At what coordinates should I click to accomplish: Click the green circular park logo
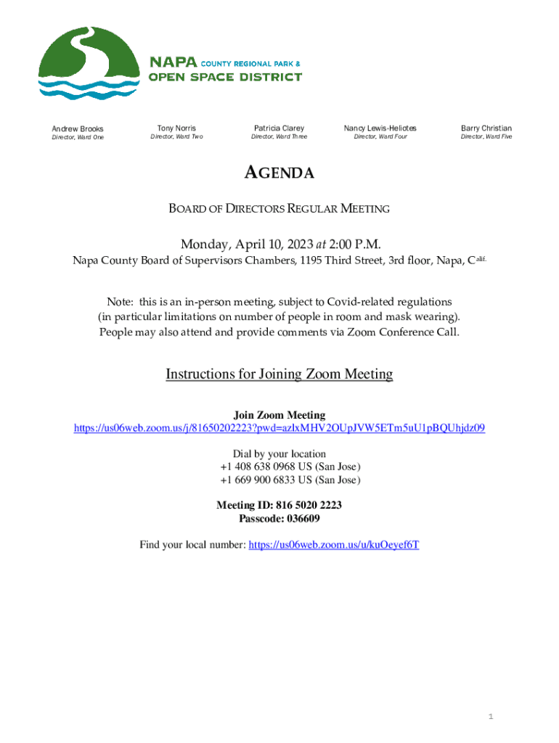[x=89, y=64]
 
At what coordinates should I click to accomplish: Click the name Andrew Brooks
[x=77, y=128]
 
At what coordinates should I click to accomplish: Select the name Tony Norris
[x=176, y=128]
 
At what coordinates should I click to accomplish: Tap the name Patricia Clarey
[x=279, y=128]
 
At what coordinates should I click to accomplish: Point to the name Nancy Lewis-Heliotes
[x=380, y=128]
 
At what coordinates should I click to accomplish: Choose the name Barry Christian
[x=486, y=128]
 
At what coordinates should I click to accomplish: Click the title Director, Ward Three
[x=279, y=136]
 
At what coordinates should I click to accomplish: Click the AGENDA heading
[x=279, y=173]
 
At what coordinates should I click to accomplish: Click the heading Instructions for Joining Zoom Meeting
[x=279, y=374]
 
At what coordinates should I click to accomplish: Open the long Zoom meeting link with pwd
[x=279, y=428]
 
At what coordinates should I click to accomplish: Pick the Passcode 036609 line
[x=279, y=519]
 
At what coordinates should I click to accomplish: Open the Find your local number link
[x=333, y=545]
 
